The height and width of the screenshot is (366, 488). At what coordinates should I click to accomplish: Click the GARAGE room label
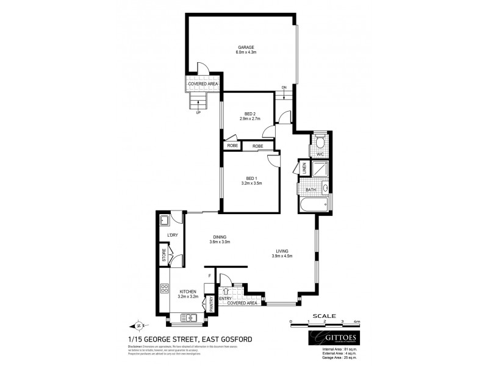(245, 47)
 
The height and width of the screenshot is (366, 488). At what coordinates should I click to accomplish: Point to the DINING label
(220, 237)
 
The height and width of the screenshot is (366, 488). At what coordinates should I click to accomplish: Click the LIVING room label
(282, 251)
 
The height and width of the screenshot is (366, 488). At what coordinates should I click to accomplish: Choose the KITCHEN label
(187, 292)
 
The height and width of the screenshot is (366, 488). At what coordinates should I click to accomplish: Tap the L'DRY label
(172, 235)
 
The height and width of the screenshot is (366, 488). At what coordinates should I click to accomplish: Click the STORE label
(164, 254)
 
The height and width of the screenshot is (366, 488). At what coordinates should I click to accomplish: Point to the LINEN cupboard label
(304, 169)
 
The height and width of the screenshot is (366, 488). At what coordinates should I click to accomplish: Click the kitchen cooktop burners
(164, 289)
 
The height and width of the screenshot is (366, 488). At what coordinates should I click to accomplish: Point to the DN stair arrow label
(284, 88)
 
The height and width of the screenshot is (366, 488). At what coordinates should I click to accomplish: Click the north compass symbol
(138, 325)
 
